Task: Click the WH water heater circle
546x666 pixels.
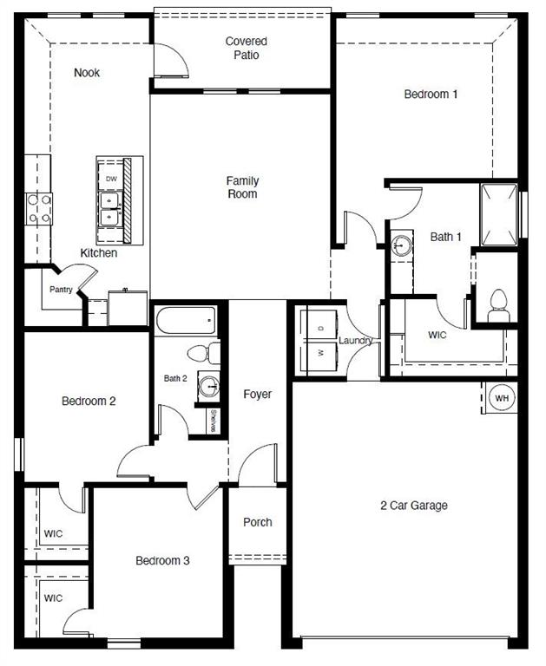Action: click(x=502, y=397)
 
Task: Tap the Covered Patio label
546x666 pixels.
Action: click(x=246, y=49)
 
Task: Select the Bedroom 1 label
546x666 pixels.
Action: click(x=431, y=95)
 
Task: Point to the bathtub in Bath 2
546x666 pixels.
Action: click(x=186, y=321)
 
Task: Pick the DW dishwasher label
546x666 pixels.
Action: click(x=110, y=179)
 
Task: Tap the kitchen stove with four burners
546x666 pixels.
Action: click(x=38, y=208)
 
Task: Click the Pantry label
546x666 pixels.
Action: click(x=60, y=290)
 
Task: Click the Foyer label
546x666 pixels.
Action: click(x=257, y=394)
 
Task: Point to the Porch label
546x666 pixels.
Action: click(x=257, y=522)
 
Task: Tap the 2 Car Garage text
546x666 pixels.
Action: click(x=414, y=506)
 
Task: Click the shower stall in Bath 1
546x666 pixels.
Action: click(x=499, y=213)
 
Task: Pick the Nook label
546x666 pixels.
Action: click(x=87, y=73)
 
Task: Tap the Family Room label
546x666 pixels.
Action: click(x=242, y=187)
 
